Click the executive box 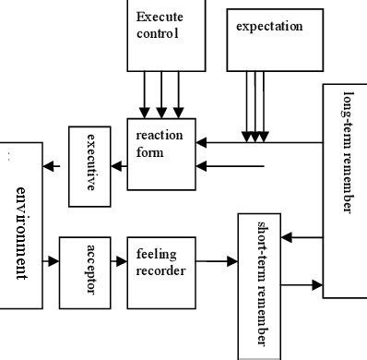[90, 167]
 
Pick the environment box [21, 225]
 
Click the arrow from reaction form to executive [118, 167]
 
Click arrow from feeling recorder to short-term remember [217, 262]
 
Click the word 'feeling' [156, 254]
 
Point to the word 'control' [156, 33]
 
